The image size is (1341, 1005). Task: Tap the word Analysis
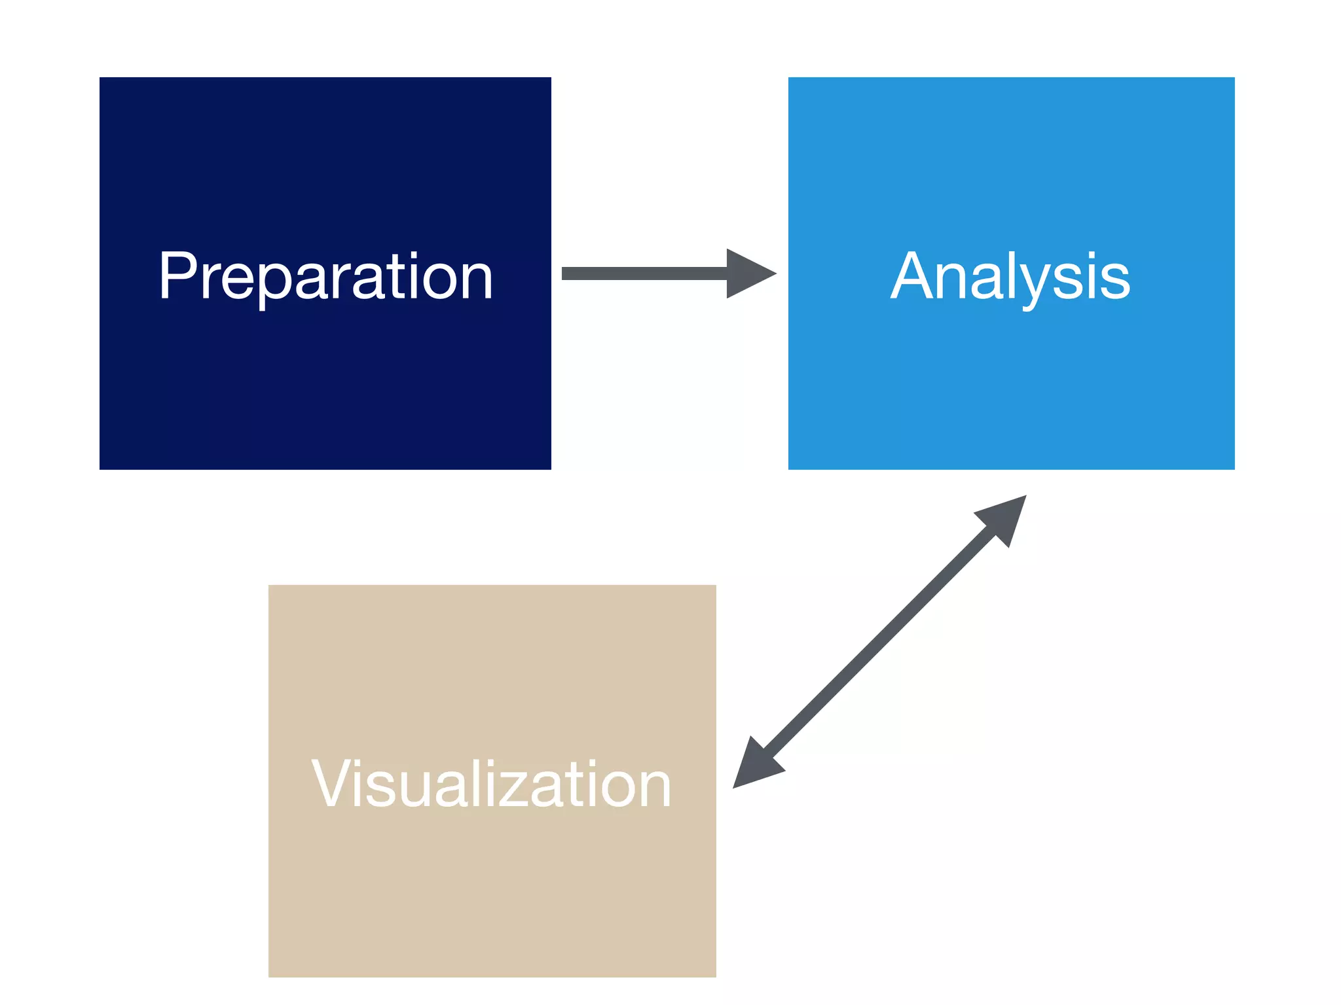(x=1010, y=277)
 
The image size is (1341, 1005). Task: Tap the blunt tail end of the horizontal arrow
(x=564, y=273)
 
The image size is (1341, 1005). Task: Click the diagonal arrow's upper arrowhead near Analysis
(x=1005, y=517)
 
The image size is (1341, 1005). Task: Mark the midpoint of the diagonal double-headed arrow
(x=879, y=641)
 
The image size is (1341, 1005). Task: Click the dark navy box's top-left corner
(x=100, y=78)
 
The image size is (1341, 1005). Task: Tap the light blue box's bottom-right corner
(x=1234, y=468)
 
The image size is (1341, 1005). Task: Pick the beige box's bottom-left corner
(x=269, y=976)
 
